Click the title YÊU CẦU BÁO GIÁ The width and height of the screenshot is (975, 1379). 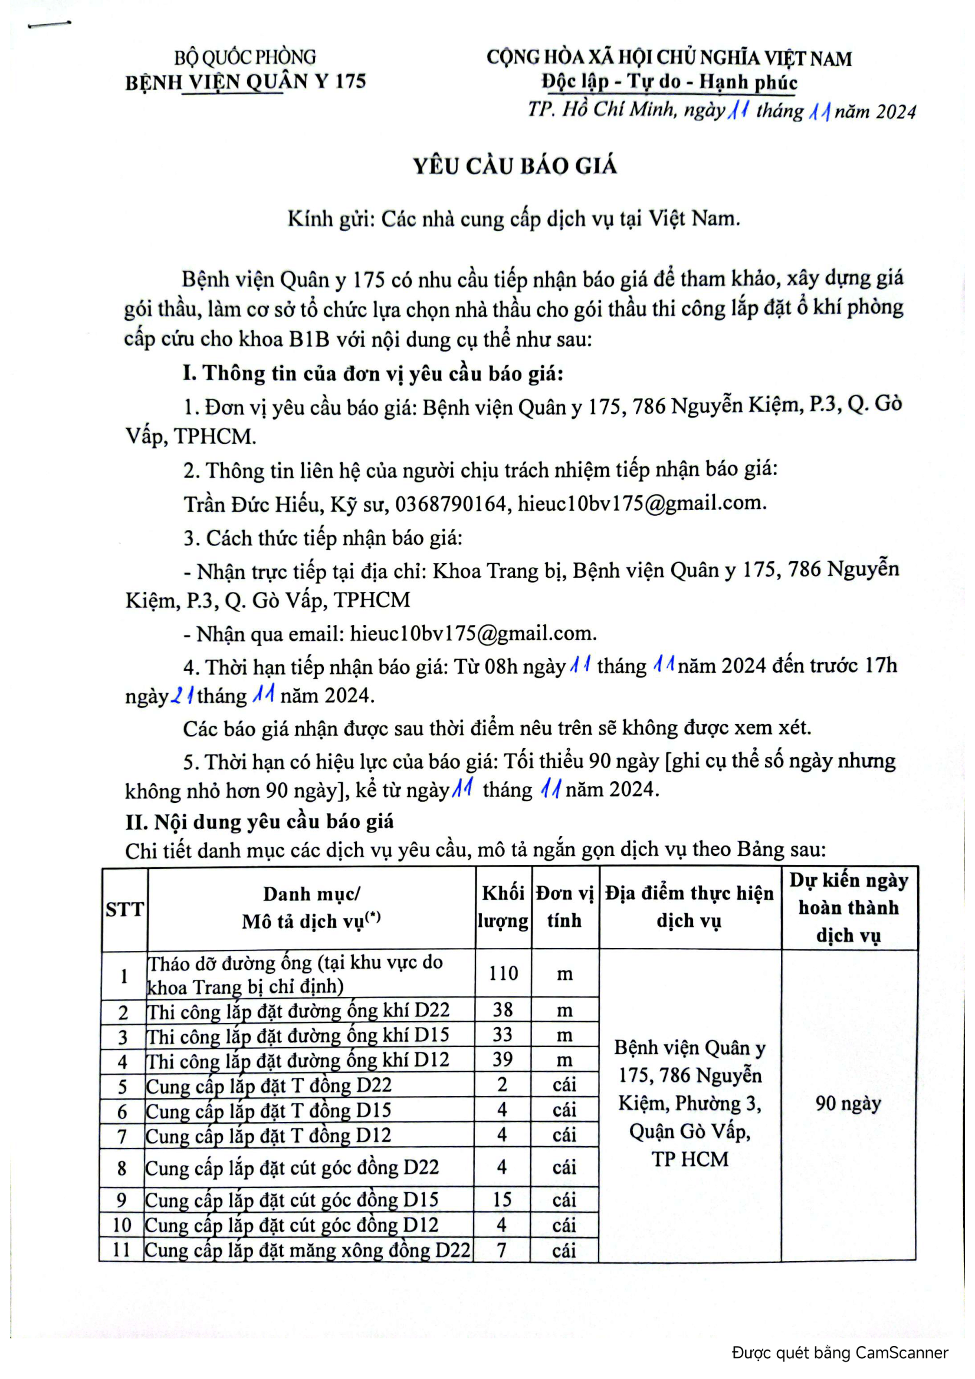click(x=515, y=166)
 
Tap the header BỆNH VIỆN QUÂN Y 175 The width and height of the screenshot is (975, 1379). click(x=245, y=82)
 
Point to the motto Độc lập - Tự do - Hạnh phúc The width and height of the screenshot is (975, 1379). click(x=669, y=82)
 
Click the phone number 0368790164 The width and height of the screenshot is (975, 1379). click(x=451, y=503)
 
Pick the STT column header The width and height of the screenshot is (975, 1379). click(x=124, y=909)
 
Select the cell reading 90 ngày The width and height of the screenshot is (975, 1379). click(x=848, y=1102)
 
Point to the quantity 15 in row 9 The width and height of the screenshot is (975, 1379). click(x=501, y=1199)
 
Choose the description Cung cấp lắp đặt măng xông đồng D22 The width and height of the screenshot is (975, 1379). click(x=307, y=1250)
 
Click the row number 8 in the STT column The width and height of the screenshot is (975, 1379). click(x=122, y=1167)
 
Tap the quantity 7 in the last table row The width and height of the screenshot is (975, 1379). click(x=501, y=1250)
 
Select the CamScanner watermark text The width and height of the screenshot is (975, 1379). click(x=839, y=1352)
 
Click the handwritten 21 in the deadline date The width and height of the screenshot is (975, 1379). click(x=182, y=696)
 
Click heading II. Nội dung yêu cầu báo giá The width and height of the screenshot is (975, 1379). click(x=260, y=821)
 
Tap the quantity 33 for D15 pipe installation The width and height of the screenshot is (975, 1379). click(x=502, y=1034)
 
